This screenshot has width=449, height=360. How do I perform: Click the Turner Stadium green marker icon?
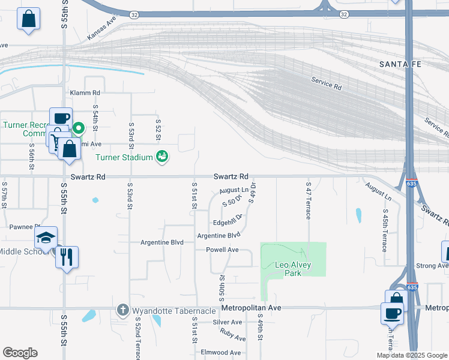(x=161, y=157)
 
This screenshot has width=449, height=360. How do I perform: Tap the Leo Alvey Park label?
(x=287, y=269)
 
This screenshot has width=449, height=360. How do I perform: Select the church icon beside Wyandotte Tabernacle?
(x=122, y=310)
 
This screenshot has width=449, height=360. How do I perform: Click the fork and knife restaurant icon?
(x=67, y=257)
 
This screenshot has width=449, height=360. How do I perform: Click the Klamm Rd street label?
(x=85, y=93)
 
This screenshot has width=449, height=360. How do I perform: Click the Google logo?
(x=20, y=353)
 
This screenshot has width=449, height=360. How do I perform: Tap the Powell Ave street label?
(x=222, y=250)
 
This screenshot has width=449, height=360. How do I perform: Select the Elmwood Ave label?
(x=221, y=352)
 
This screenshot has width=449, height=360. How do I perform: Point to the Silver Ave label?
(x=227, y=322)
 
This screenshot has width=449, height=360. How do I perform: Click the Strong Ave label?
(x=432, y=265)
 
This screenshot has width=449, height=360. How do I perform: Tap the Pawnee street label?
(x=24, y=227)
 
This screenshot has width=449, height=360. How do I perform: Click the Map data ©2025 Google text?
(x=411, y=355)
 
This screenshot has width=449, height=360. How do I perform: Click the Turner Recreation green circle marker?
(x=79, y=127)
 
